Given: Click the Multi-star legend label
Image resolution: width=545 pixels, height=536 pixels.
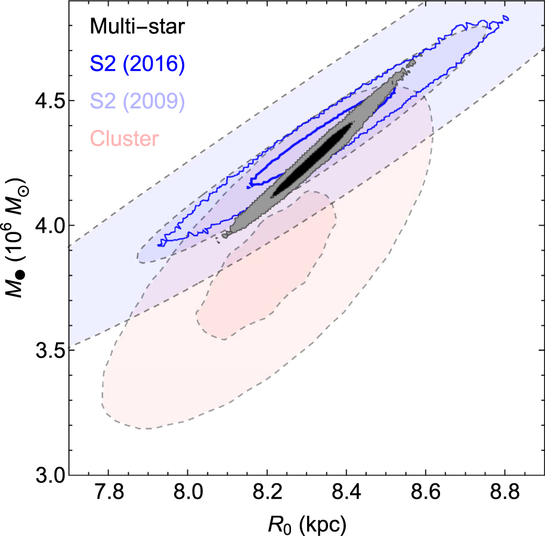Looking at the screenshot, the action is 137,26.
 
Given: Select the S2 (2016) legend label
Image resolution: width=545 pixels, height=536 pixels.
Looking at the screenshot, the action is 137,64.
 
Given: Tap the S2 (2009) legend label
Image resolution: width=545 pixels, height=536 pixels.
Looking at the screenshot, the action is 137,101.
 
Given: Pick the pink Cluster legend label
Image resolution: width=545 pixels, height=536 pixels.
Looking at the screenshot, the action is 125,138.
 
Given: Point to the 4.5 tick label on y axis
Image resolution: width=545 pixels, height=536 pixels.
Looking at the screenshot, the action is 51,101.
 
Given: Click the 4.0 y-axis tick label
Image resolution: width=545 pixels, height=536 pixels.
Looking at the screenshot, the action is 51,226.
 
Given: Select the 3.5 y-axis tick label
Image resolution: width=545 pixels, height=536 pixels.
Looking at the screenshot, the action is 51,351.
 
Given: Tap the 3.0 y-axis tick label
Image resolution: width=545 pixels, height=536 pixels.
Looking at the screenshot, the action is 51,475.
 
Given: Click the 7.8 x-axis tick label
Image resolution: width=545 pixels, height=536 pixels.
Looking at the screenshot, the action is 109,493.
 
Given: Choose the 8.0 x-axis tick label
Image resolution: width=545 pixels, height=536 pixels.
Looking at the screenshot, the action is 188,493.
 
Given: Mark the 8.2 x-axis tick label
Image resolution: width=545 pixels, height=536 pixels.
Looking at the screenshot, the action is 267,493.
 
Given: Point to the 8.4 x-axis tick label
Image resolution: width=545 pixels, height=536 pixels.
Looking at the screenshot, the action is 346,493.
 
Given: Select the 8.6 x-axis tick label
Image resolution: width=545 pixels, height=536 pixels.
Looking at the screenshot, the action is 426,493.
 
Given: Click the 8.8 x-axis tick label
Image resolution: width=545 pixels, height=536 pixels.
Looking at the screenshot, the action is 505,493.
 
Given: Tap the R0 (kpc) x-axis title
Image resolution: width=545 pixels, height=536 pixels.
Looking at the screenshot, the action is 307,525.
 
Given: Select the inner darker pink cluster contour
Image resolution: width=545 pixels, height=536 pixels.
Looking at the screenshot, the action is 267,265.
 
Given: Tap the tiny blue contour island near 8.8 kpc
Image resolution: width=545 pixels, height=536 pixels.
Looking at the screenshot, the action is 506,18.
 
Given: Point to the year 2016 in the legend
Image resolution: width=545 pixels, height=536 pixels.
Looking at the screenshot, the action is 154,64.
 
